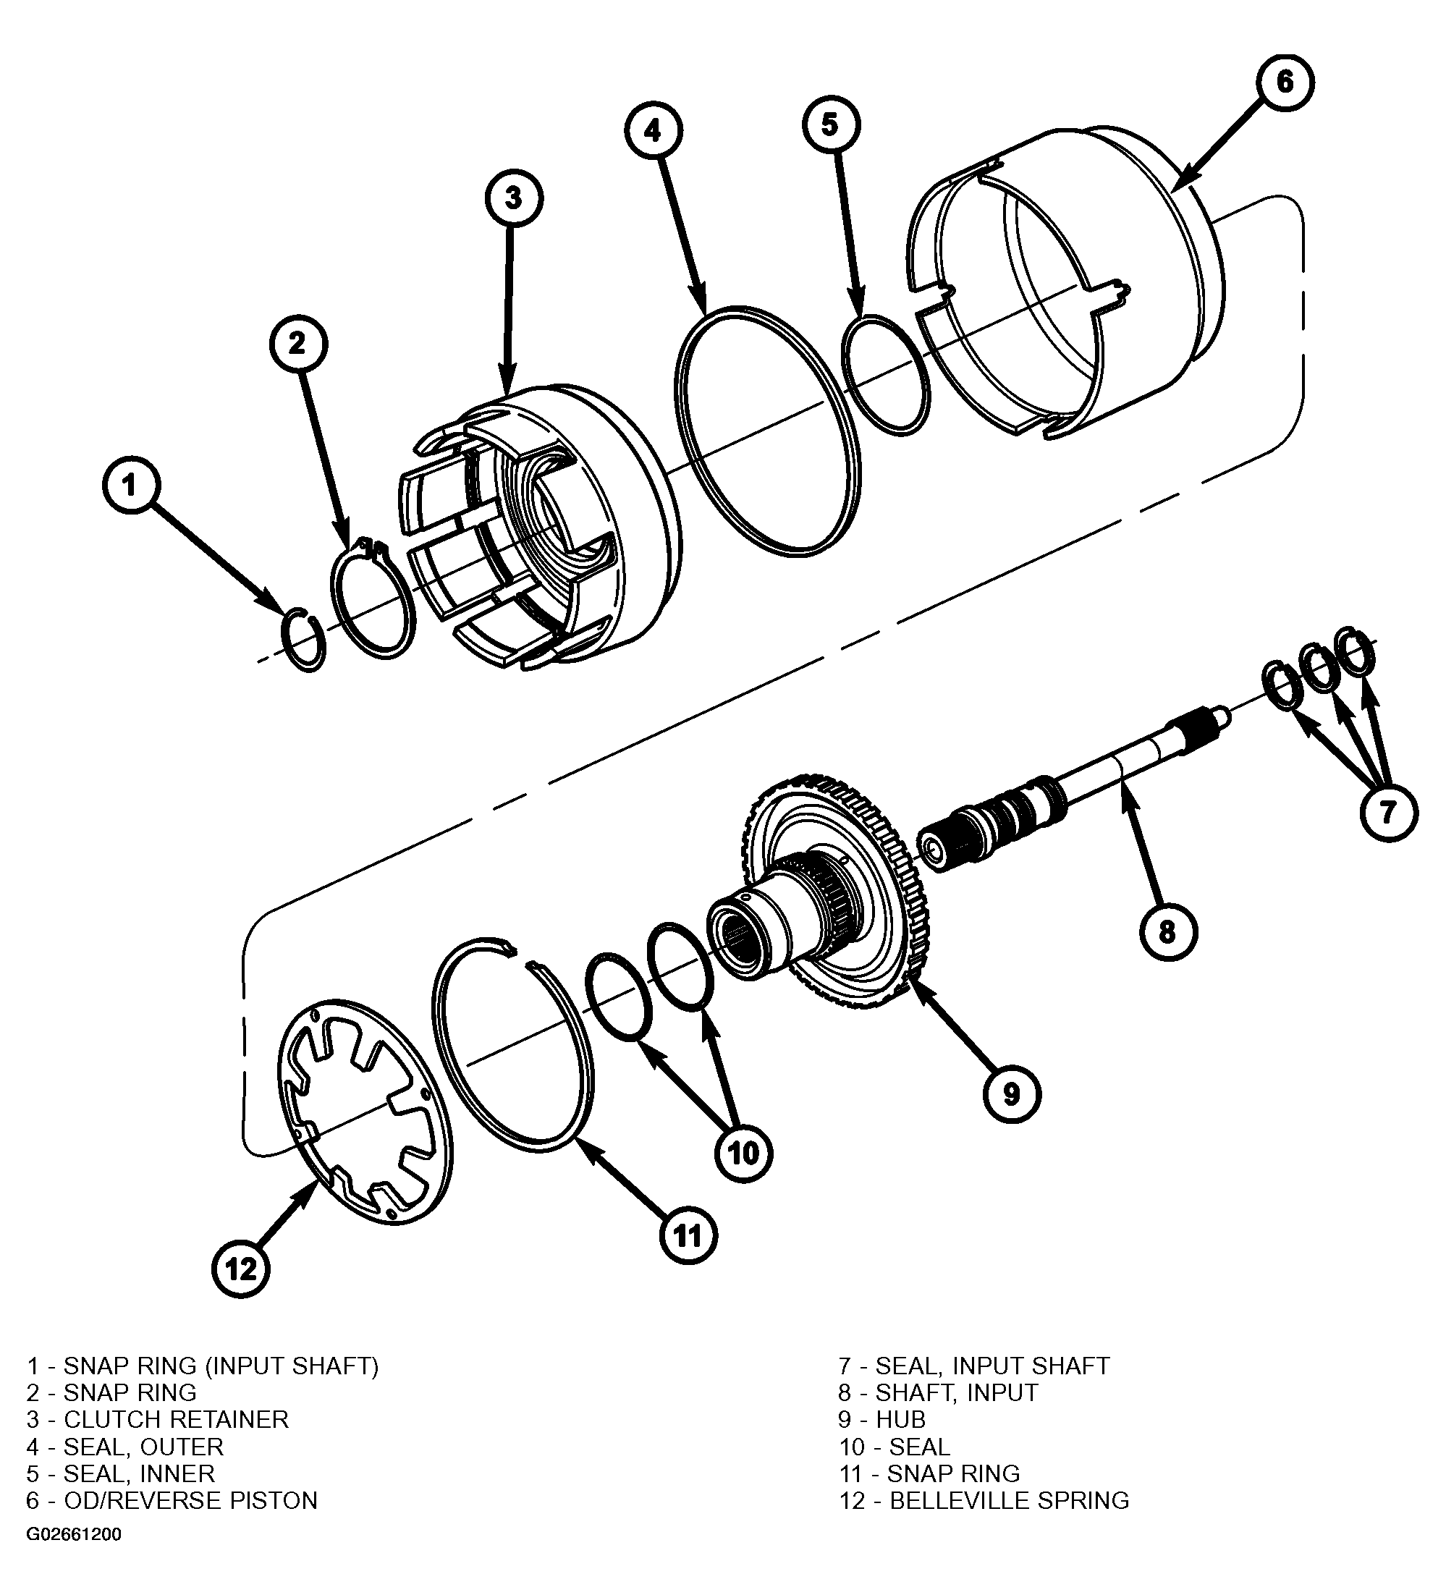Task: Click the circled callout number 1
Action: (130, 485)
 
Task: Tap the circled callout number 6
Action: (1284, 82)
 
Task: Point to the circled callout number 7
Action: (1388, 812)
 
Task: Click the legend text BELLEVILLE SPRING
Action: (1010, 1500)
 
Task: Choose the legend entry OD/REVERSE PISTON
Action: (190, 1500)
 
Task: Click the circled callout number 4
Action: (652, 130)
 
